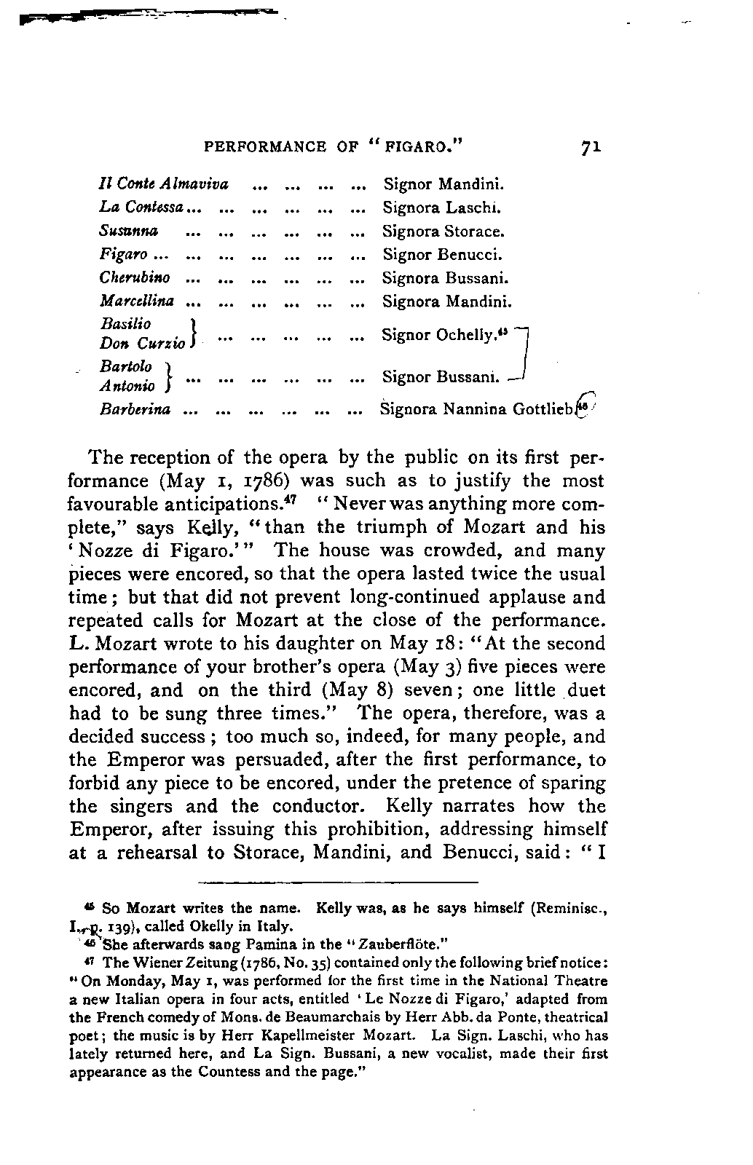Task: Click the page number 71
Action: click(x=591, y=146)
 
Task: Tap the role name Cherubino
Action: click(x=135, y=278)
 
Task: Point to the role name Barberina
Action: click(x=135, y=409)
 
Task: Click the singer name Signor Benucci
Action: click(x=443, y=255)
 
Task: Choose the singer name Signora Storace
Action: click(x=443, y=232)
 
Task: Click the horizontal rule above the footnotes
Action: click(x=338, y=882)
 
